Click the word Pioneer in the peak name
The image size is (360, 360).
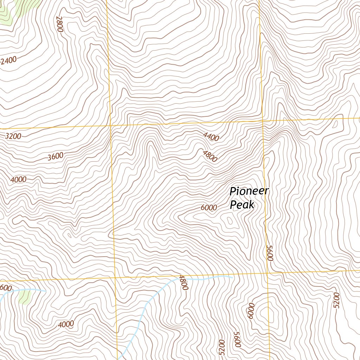point(249,192)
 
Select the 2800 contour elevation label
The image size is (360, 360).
point(59,24)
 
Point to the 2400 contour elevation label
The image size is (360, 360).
point(8,61)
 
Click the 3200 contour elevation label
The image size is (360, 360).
point(13,136)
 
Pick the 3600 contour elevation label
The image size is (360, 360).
point(55,156)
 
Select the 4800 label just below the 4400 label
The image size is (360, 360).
point(210,156)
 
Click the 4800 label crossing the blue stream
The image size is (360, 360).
point(183,282)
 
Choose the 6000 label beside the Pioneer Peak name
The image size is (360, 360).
point(209,207)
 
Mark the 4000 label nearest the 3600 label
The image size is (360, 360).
point(18,180)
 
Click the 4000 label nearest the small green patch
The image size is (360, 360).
point(66,324)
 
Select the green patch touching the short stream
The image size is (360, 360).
point(25,296)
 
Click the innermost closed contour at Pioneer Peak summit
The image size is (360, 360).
point(230,221)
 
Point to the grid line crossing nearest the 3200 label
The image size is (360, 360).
point(111,125)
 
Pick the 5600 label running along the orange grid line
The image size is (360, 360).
point(270,253)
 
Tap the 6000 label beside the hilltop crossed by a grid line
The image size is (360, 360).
point(251,311)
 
